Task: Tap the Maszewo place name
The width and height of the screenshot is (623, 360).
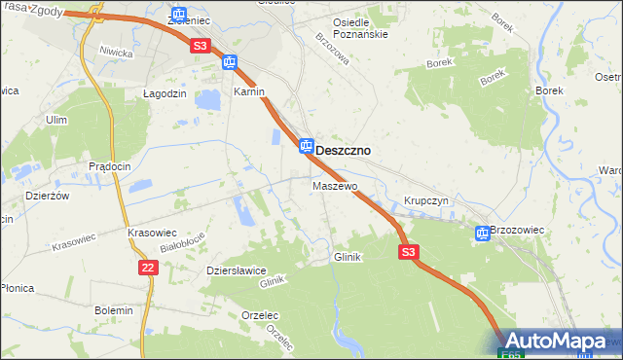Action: [335, 185]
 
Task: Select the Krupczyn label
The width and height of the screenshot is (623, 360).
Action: [425, 200]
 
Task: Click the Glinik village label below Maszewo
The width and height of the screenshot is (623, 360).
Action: [348, 257]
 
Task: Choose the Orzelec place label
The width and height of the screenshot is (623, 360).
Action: [260, 315]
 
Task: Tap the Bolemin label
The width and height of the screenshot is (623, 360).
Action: [113, 309]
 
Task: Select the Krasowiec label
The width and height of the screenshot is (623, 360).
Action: [152, 234]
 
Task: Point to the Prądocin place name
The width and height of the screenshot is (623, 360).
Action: [109, 166]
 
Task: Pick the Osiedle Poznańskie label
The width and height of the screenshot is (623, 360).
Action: [361, 27]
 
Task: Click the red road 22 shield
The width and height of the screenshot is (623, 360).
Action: [148, 268]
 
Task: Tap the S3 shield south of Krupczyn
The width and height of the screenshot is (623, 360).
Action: [409, 252]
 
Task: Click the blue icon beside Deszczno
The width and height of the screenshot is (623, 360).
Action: [306, 146]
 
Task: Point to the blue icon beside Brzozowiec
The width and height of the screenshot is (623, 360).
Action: [482, 233]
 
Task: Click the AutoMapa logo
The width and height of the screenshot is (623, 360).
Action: [557, 342]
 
